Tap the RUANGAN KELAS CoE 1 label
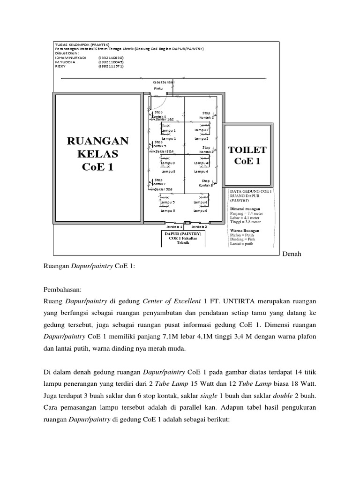click(97, 154)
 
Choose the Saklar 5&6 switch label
click(162, 188)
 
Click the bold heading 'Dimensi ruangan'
click(245, 208)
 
